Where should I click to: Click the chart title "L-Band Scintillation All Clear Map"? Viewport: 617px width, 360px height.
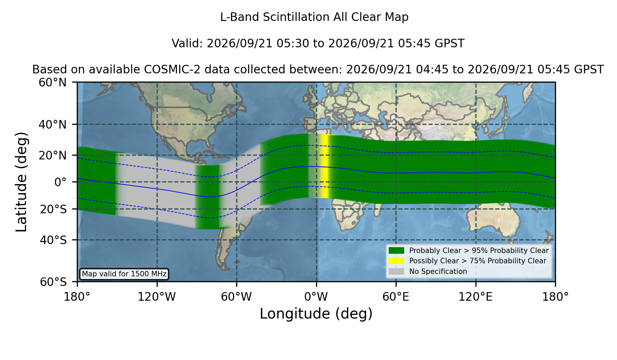pos(314,17)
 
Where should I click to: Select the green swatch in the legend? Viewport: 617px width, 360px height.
pos(397,251)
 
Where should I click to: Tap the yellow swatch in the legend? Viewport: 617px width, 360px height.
pos(397,261)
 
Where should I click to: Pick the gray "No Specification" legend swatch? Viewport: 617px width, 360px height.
pos(397,272)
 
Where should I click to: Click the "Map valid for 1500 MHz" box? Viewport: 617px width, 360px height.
pos(124,274)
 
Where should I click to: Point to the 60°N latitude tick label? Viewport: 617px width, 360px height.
pos(52,83)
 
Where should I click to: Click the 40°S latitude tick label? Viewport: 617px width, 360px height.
pos(53,240)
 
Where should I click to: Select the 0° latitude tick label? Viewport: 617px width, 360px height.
pos(60,182)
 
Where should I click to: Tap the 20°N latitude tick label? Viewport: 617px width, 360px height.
pos(52,155)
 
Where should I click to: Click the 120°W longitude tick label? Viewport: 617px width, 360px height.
pos(157,297)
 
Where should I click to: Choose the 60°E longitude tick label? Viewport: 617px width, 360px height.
pos(396,297)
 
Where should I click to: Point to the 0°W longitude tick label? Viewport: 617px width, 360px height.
pos(316,297)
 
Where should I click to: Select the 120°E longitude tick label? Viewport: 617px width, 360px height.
pos(476,297)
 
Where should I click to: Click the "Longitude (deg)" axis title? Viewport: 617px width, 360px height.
pos(316,314)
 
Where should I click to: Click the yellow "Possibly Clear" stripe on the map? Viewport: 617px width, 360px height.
pos(324,166)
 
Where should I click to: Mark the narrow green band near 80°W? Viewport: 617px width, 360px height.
pos(207,197)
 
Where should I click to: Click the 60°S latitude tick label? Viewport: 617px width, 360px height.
pos(53,282)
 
